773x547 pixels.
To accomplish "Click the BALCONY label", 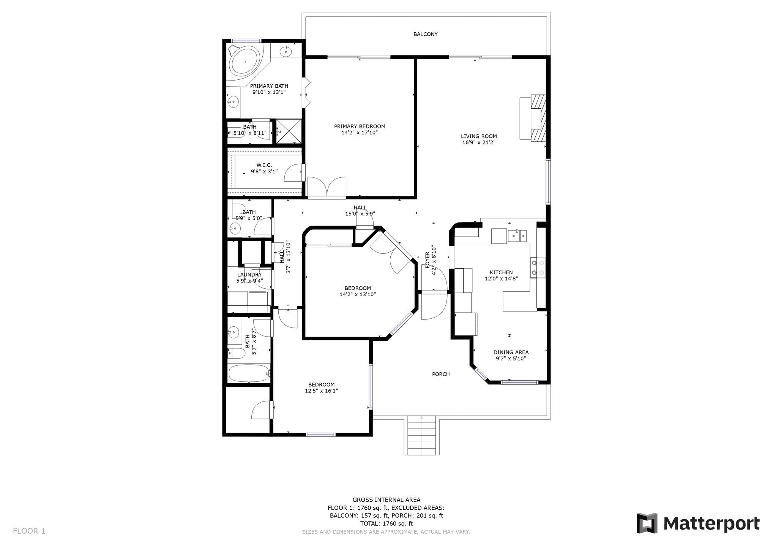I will [425, 34].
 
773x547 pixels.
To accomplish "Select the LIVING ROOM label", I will [478, 136].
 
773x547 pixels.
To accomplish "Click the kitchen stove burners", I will [538, 267].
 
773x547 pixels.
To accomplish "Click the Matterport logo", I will [698, 523].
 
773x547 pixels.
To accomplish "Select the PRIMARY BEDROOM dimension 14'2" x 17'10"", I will [360, 133].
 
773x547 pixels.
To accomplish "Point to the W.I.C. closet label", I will [264, 165].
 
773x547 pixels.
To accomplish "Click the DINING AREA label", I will [511, 352].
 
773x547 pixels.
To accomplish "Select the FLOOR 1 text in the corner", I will [29, 531].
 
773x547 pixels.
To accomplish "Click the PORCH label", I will [441, 374].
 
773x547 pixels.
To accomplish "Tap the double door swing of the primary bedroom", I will [327, 187].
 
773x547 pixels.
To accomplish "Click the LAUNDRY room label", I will [249, 275].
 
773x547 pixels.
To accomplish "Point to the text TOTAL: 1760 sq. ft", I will [386, 523].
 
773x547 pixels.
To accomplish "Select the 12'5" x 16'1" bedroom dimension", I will [321, 391].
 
